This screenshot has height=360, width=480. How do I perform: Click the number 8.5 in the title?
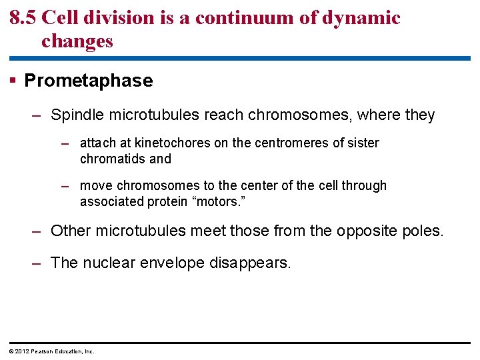[23, 17]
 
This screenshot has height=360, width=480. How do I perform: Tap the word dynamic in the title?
[363, 17]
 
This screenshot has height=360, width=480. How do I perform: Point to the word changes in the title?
[77, 41]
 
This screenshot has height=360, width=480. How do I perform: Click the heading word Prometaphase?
[89, 81]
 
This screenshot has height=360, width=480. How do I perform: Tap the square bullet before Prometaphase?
[13, 81]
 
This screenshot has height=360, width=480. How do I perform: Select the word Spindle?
[74, 115]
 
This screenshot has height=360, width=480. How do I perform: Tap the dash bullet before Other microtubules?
[37, 231]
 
